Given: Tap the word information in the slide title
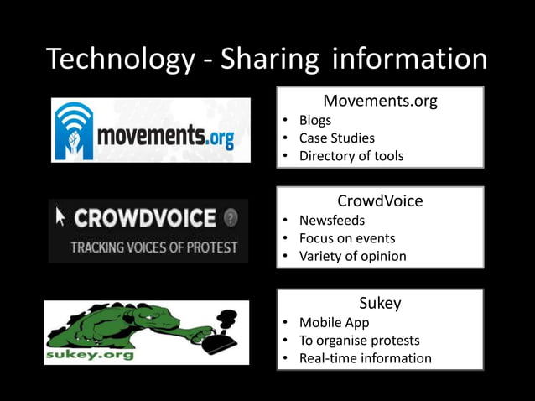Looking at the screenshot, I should point(409,59).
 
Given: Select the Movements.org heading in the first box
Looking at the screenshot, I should point(380,102).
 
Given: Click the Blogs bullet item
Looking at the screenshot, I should point(314,120).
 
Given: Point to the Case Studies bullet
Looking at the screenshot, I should point(336,138).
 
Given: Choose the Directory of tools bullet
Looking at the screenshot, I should point(351,155).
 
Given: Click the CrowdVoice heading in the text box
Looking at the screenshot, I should point(380,201).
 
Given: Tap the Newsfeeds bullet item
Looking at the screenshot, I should point(332,220).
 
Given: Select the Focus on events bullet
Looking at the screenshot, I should point(346,237).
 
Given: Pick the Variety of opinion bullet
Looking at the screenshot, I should point(352,256).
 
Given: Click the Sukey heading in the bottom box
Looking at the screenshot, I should point(380,304).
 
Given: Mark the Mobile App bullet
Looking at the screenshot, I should point(334,322).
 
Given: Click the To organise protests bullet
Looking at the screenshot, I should point(359,340).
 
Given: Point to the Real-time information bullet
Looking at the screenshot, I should point(365,358).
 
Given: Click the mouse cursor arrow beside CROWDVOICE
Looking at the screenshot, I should point(60,217).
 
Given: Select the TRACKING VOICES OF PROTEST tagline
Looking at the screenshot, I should point(153,247).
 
